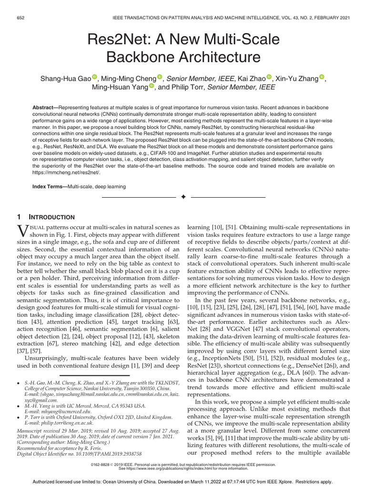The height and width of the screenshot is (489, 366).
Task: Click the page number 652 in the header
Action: (x=21, y=18)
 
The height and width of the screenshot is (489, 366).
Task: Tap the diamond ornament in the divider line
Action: (x=183, y=197)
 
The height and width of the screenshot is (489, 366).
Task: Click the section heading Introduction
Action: (x=54, y=217)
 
